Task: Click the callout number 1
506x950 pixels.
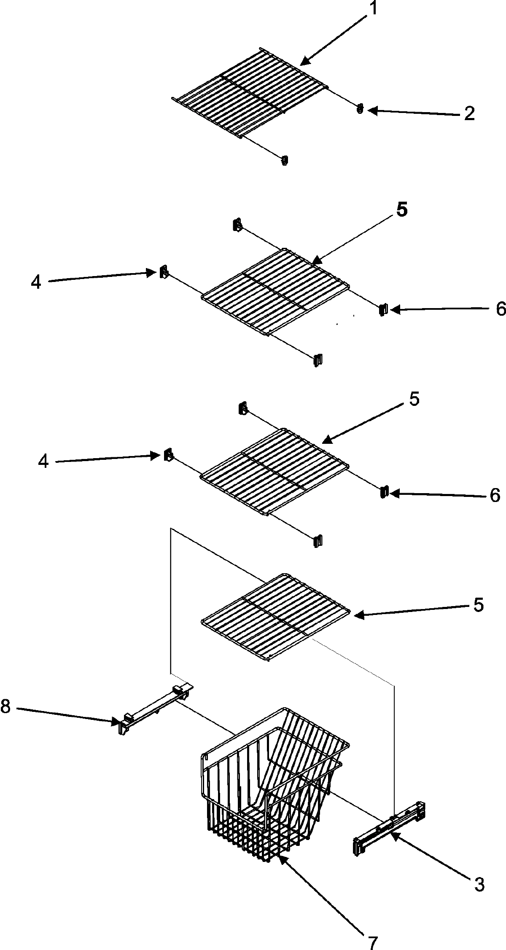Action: pos(373,9)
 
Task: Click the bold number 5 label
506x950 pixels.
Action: pos(402,209)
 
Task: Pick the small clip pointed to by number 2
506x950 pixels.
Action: pos(360,109)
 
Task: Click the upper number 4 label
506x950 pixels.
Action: pos(36,282)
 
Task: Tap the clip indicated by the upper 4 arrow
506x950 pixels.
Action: pos(163,272)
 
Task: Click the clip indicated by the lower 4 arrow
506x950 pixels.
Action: pos(167,455)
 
